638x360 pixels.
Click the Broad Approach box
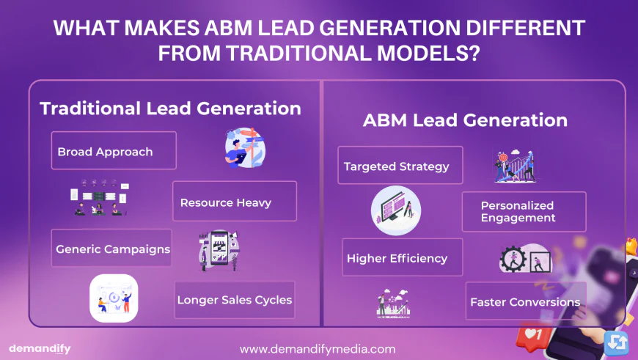coord(114,150)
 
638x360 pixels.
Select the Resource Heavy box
coord(235,202)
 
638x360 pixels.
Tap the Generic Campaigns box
coord(111,248)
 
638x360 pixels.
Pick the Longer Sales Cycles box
coord(235,300)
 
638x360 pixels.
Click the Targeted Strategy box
coord(400,165)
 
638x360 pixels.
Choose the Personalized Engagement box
coord(524,211)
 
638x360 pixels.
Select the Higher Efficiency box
coord(403,257)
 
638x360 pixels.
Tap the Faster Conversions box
coord(526,301)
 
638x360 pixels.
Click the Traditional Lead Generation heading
coord(170,109)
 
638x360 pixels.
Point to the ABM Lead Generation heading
coord(465,120)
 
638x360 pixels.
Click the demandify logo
coord(40,349)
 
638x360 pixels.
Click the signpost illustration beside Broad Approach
coord(245,147)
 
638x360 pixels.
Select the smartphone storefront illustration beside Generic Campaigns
coord(219,251)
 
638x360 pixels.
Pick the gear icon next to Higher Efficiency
coord(513,259)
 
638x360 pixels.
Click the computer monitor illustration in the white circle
coord(396,210)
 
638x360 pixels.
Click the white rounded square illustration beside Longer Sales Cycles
coord(114,298)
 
